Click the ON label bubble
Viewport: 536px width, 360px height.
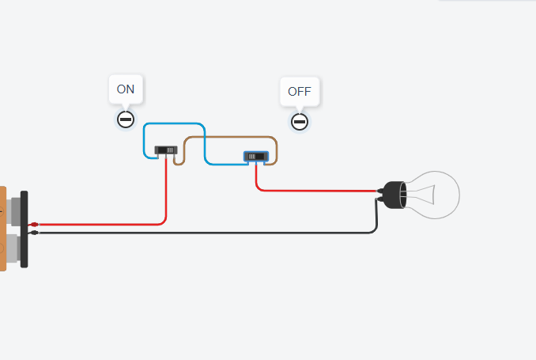point(126,89)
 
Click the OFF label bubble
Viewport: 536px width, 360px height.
point(300,91)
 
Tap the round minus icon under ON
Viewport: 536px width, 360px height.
point(126,119)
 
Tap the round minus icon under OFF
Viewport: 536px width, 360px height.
point(300,122)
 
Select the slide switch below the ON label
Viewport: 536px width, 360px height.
point(166,150)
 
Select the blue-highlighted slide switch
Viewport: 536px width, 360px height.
point(256,157)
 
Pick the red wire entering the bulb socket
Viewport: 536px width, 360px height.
point(315,191)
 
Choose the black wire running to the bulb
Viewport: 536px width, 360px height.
point(205,233)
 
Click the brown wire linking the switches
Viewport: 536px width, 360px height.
point(229,137)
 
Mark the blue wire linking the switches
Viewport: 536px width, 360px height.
point(205,144)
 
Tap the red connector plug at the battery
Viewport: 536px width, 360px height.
point(34,225)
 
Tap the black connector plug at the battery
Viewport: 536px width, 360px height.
point(34,233)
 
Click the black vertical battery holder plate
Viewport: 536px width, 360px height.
point(25,229)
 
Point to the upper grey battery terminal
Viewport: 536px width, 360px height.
point(13,211)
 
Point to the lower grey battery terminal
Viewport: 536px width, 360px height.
point(13,248)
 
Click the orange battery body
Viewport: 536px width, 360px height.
point(2,229)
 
